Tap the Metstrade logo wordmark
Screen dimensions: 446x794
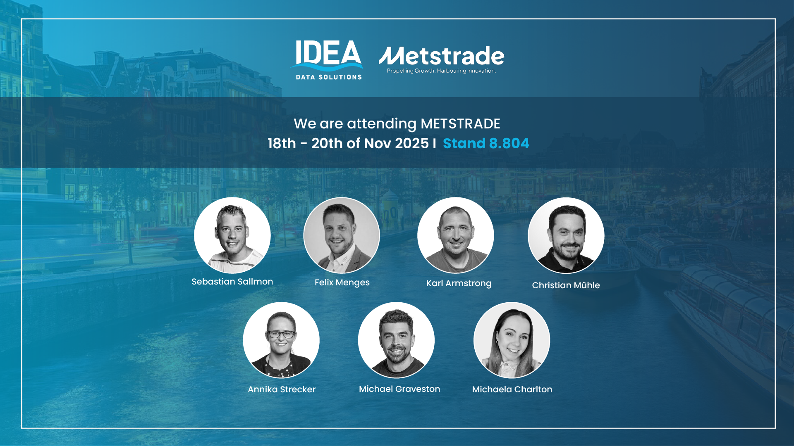point(441,56)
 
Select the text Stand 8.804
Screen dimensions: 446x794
point(486,143)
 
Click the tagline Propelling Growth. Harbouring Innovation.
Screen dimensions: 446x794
point(441,71)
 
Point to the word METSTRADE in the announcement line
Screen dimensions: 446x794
point(460,124)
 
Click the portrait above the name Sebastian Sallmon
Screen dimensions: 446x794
point(232,235)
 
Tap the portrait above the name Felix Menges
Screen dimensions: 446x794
point(342,235)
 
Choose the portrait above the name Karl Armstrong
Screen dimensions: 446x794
point(455,235)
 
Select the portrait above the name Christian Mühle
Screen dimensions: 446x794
point(566,235)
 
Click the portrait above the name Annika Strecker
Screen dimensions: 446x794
point(281,340)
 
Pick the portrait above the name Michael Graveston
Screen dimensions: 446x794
point(396,340)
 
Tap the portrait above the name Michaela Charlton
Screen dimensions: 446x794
point(512,340)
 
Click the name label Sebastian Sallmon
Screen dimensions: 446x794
point(232,282)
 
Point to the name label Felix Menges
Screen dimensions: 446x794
point(342,282)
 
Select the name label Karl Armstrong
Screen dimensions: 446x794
point(459,283)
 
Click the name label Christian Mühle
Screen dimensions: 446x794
point(566,285)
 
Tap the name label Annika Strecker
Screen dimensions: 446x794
point(282,389)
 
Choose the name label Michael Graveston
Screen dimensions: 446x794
point(399,389)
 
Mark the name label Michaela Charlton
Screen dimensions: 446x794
point(512,389)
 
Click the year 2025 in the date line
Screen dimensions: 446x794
point(411,143)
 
